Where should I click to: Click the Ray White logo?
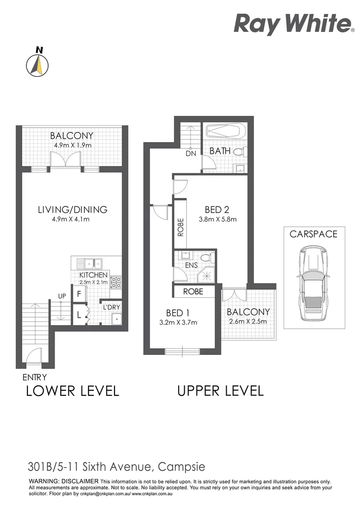(294, 24)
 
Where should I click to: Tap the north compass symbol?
(37, 63)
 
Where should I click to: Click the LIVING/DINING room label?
(73, 210)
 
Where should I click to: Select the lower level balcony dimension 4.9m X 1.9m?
(73, 145)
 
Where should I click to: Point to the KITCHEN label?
(93, 275)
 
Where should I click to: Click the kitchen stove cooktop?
(115, 282)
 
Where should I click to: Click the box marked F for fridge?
(79, 294)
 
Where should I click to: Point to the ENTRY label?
(34, 377)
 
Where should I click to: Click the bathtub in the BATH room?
(226, 131)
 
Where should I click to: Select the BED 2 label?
(217, 210)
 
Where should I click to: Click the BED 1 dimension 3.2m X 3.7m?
(178, 322)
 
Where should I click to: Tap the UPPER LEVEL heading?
(220, 391)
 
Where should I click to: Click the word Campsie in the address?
(181, 467)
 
